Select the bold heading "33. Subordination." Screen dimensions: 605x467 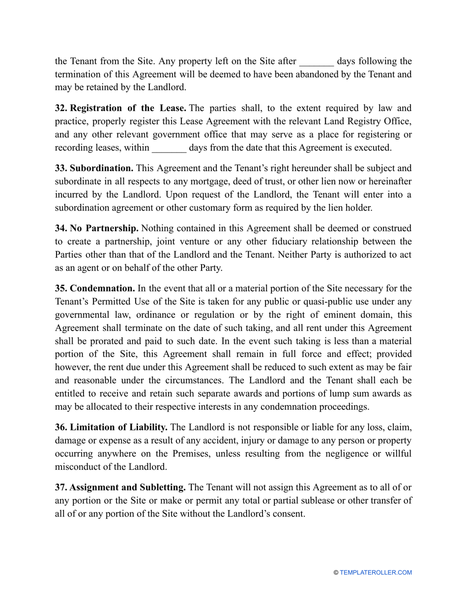[94, 168]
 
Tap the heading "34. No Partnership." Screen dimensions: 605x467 [97, 228]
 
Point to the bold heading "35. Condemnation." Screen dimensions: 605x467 [95, 288]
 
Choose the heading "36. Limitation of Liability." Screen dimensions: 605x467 [111, 428]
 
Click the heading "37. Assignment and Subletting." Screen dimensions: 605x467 [120, 487]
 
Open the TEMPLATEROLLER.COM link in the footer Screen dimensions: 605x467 [376, 573]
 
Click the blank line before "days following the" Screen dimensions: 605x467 [316, 61]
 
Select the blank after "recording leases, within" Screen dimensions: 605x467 [169, 148]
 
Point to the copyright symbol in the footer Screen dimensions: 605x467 [336, 573]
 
